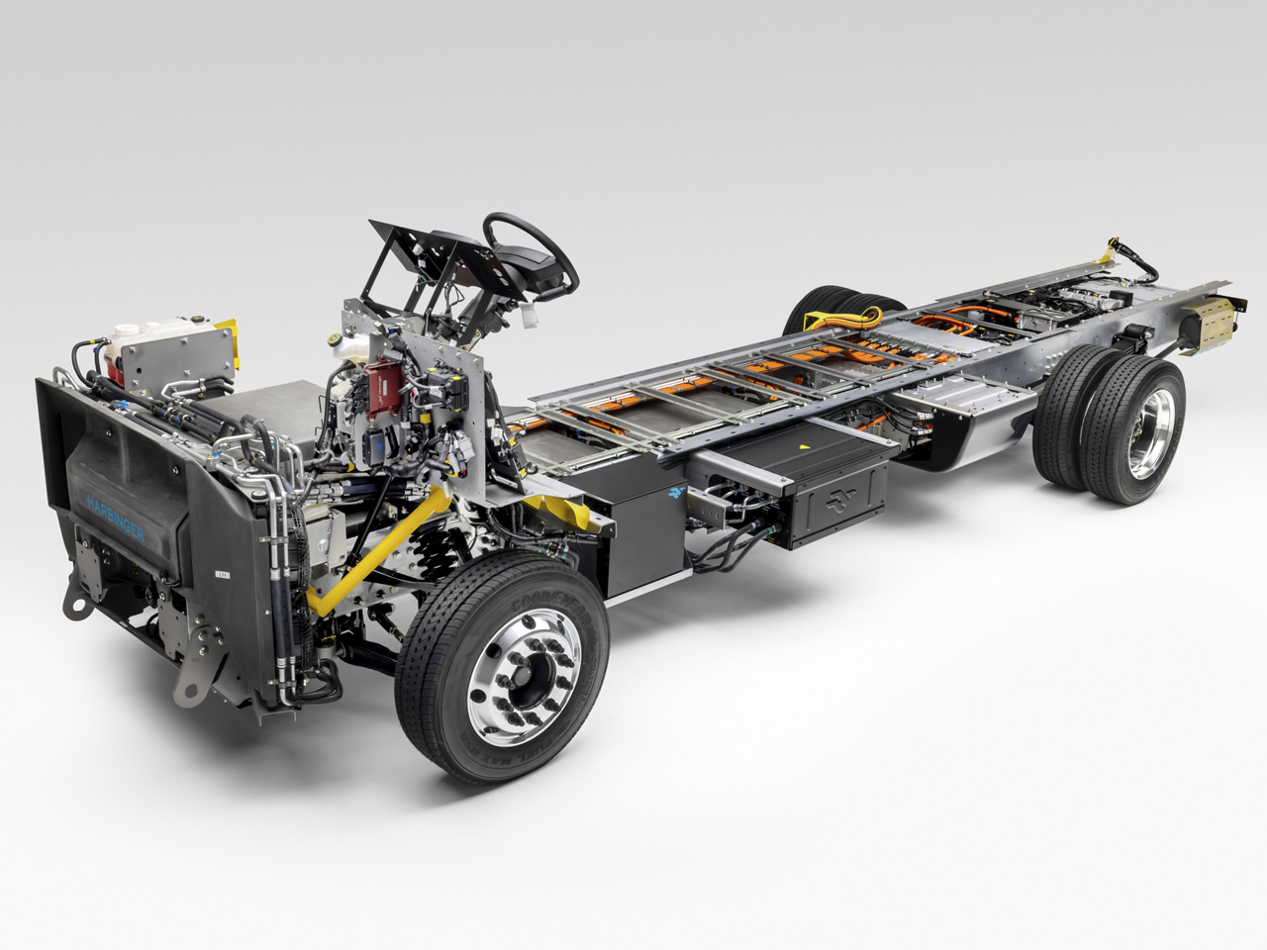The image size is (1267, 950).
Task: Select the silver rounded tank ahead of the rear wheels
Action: (x=974, y=427)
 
